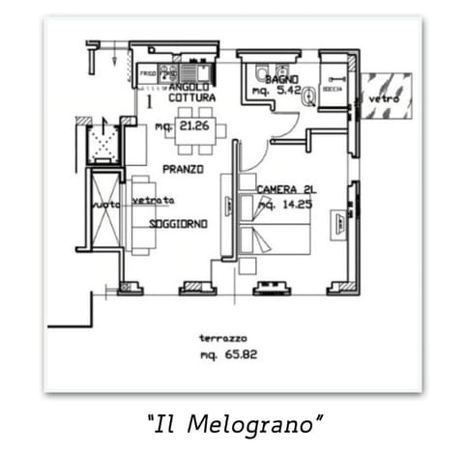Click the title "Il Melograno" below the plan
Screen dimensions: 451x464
[234, 423]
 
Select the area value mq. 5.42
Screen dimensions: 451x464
[272, 90]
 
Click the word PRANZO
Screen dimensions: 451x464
[182, 169]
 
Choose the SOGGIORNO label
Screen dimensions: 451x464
[179, 224]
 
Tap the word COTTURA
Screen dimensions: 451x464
[190, 99]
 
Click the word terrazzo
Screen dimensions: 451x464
[222, 339]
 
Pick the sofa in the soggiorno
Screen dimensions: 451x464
[141, 214]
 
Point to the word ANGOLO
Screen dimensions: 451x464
[190, 87]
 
